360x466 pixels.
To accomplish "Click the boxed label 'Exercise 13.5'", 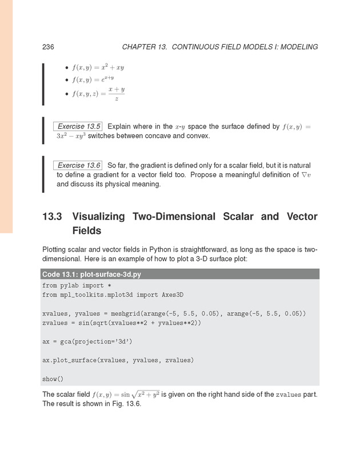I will point(77,126).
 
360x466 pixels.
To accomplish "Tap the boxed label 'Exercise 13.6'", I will point(77,165).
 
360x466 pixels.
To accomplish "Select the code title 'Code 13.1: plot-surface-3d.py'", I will point(91,274).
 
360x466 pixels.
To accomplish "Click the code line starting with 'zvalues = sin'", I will point(122,323).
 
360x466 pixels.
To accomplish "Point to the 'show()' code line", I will point(53,379).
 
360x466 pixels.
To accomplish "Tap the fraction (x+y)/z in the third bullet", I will point(116,94).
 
